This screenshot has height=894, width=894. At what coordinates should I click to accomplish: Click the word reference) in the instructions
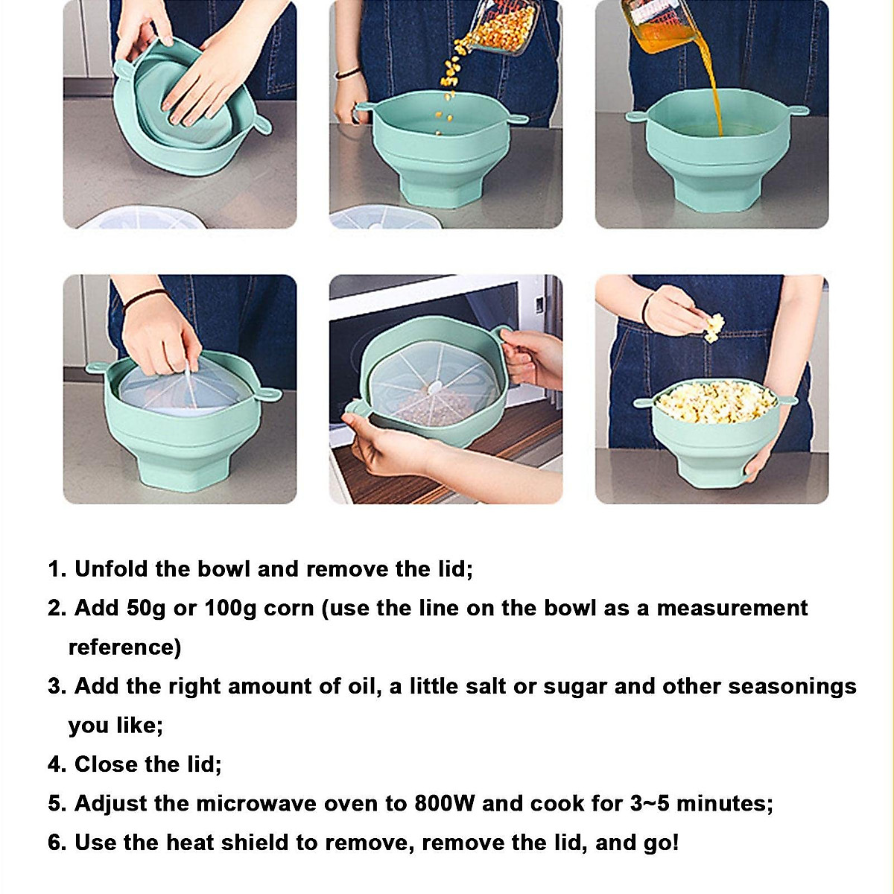[x=124, y=647]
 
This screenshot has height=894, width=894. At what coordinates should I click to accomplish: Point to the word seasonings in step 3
[x=792, y=686]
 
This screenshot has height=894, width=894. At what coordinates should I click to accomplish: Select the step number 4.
[x=57, y=764]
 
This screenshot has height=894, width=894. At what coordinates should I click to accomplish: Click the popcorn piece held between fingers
[x=714, y=326]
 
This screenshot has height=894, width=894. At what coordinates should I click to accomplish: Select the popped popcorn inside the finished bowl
[x=715, y=402]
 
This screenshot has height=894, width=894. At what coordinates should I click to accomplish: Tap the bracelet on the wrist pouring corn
[x=347, y=73]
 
